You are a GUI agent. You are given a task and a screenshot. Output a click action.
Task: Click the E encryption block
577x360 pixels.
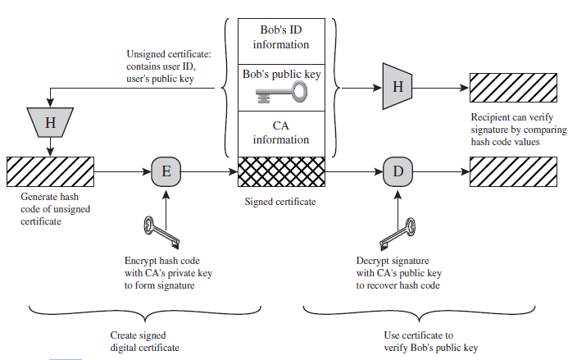[x=166, y=172]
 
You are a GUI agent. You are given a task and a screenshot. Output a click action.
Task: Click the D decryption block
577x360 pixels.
[x=397, y=172]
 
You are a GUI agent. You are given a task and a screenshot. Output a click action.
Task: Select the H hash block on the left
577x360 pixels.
[x=51, y=123]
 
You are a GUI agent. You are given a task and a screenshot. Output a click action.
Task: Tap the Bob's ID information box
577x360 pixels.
[x=281, y=37]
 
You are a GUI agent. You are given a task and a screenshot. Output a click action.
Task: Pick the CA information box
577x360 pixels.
[x=281, y=133]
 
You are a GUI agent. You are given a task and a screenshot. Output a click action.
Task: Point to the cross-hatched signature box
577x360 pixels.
[x=281, y=172]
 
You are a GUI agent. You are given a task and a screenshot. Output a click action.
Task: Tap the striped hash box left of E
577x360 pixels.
[x=51, y=172]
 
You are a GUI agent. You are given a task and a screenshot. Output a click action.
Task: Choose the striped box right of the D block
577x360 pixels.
[x=513, y=172]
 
